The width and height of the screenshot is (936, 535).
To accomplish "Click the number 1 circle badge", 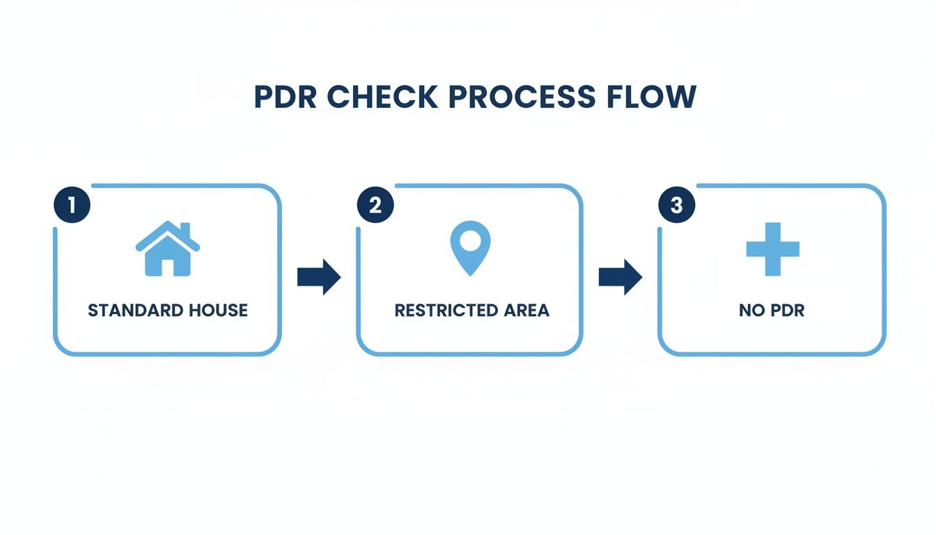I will [x=72, y=204].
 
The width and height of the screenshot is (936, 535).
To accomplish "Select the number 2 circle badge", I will [x=375, y=204].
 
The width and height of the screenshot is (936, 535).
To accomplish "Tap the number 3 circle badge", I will [x=677, y=204].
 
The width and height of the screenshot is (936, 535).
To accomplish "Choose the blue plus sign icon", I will [x=772, y=249].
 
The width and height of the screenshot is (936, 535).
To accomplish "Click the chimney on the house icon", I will [x=185, y=229].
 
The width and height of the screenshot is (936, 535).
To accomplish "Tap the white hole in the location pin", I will [x=470, y=241].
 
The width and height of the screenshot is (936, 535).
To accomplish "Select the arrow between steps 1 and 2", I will [x=319, y=277].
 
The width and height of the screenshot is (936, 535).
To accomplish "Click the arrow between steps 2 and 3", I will [x=621, y=277].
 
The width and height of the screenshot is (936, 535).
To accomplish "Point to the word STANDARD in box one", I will [x=131, y=311].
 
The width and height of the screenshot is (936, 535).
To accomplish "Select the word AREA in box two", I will [x=526, y=311].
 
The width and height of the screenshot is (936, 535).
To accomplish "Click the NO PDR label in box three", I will [x=772, y=311].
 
